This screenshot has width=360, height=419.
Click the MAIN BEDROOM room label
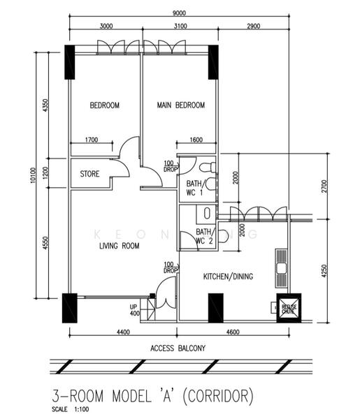pyautogui.click(x=181, y=105)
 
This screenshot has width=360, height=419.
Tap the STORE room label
pyautogui.click(x=89, y=174)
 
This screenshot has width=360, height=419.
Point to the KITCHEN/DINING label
pyautogui.click(x=228, y=277)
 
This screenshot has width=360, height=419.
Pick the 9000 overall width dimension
pyautogui.click(x=179, y=12)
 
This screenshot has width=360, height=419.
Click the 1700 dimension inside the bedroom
pyautogui.click(x=91, y=140)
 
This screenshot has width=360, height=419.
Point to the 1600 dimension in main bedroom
pyautogui.click(x=196, y=140)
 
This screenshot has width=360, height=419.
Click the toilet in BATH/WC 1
pyautogui.click(x=208, y=168)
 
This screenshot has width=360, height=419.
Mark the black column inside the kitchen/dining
pyautogui.click(x=215, y=306)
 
